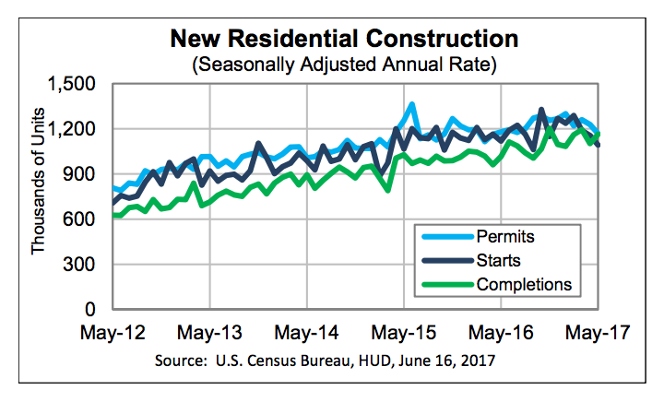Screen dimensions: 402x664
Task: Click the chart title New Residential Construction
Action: click(x=342, y=40)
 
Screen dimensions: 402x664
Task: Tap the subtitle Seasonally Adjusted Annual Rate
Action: click(x=342, y=65)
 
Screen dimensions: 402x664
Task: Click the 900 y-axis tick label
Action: click(x=85, y=174)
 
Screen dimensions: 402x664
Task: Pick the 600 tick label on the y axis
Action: click(x=85, y=219)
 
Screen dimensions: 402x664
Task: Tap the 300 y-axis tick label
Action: click(x=85, y=265)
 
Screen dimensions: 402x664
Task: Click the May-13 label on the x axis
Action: click(x=208, y=332)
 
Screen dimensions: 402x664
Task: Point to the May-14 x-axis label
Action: click(x=306, y=332)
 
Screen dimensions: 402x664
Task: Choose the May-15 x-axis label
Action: click(x=404, y=332)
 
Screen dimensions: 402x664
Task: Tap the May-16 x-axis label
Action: click(x=502, y=332)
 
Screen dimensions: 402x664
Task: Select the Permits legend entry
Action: click(x=506, y=237)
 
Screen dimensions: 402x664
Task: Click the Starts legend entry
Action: click(x=499, y=260)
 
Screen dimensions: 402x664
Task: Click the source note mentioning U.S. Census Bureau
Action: click(x=342, y=360)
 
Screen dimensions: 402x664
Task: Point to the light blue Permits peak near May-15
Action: click(x=411, y=104)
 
